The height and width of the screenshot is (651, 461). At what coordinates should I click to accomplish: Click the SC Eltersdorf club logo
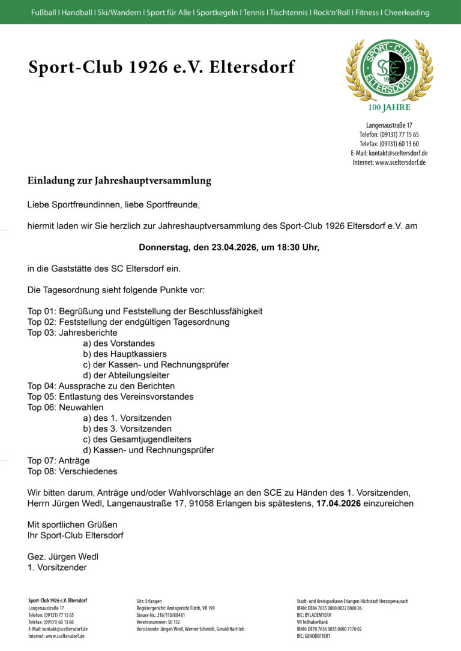click(389, 70)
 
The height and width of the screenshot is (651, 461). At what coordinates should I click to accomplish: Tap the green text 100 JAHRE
click(389, 108)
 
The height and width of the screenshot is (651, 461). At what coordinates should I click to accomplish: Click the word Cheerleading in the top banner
click(407, 12)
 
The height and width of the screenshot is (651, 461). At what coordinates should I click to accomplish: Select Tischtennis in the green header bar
click(289, 12)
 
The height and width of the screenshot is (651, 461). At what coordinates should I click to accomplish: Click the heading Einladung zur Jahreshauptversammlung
click(119, 180)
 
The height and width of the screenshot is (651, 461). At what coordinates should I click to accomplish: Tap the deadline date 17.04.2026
click(338, 504)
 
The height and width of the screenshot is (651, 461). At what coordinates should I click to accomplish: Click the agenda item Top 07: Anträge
click(58, 461)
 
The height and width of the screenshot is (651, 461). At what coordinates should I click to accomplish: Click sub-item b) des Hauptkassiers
click(125, 354)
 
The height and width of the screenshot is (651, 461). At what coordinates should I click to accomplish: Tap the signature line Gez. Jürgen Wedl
click(63, 556)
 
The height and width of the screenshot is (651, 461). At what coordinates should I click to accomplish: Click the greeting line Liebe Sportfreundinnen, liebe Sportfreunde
click(113, 205)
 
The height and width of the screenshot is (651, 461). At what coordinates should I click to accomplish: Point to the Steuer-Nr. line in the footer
click(161, 615)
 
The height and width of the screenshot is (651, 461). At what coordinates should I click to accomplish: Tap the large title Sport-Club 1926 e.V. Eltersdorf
click(161, 67)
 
